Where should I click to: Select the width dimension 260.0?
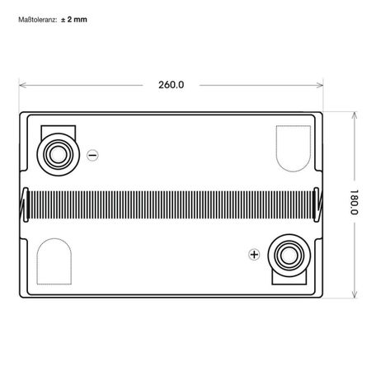coord(171,84)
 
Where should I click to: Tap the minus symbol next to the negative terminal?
coord(92,154)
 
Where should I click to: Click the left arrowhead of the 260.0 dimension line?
coord(21,84)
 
